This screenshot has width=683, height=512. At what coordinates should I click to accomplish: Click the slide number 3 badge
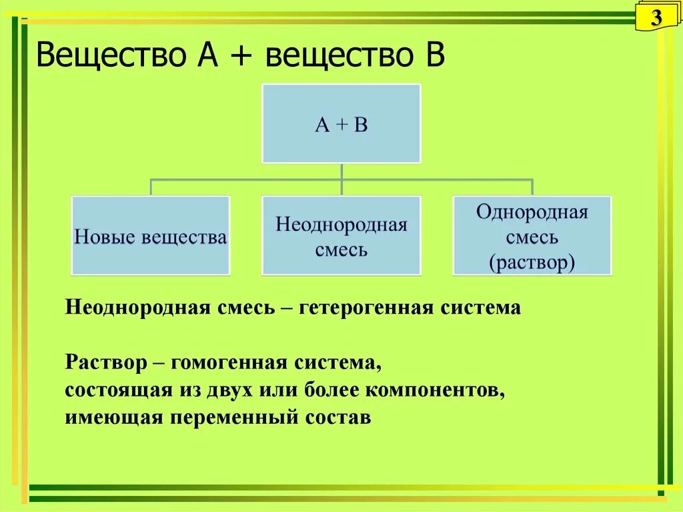656,19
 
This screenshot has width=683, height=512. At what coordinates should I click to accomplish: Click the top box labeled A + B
341,123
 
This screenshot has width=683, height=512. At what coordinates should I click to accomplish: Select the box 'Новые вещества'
151,236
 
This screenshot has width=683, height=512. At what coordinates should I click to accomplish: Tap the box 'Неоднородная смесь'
341,236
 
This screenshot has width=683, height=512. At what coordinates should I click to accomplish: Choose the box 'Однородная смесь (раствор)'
532,236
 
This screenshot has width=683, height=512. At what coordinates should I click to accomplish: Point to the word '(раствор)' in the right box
532,262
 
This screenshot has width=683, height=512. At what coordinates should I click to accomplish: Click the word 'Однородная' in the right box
532,213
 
